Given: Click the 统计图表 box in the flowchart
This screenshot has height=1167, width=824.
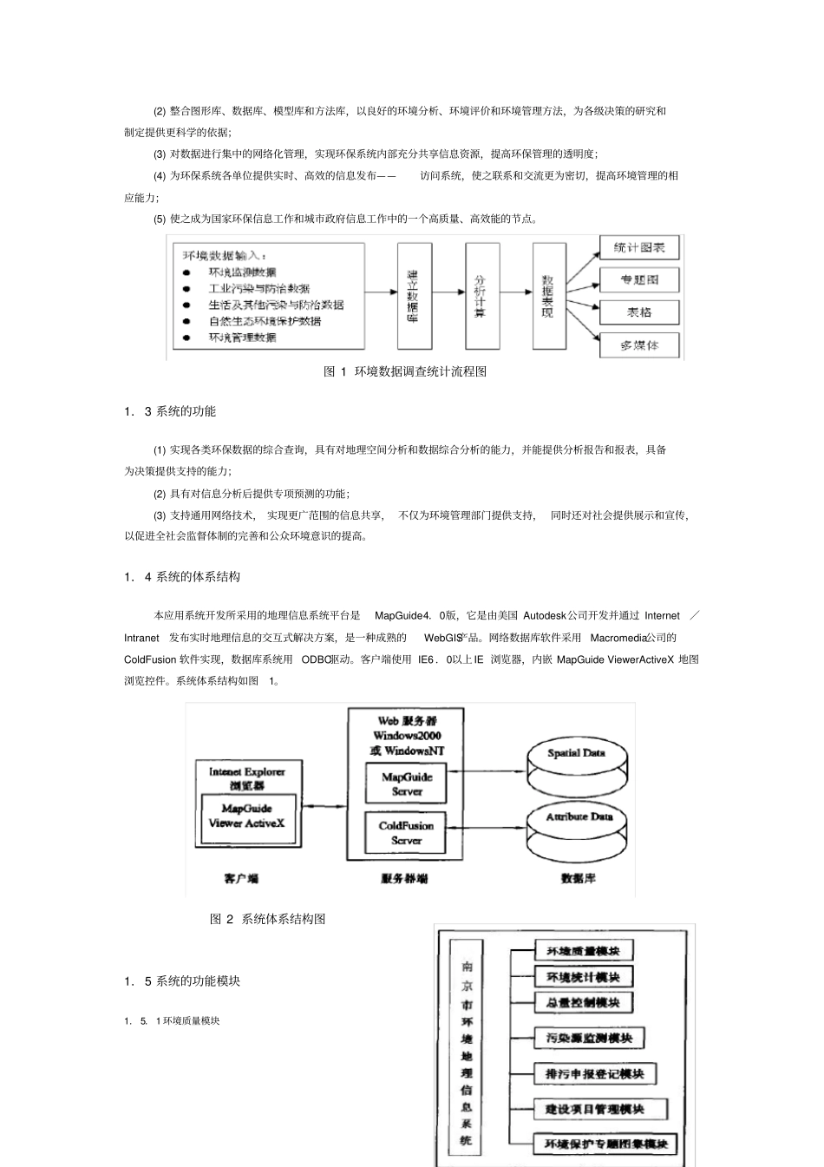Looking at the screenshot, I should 639,248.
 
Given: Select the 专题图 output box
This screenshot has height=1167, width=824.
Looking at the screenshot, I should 639,280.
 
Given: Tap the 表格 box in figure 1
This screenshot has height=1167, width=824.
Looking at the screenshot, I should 639,312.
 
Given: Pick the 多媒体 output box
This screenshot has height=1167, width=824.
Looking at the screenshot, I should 639,344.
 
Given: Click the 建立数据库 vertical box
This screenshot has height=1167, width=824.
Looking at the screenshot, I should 414,295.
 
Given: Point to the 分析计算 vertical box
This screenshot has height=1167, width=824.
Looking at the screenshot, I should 481,295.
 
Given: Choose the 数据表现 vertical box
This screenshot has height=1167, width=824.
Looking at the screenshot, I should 548,295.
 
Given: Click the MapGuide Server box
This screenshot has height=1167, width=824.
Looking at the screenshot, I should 406,784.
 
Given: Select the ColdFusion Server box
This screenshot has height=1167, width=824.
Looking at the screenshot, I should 406,833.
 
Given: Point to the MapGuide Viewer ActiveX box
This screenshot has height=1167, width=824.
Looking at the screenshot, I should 247,816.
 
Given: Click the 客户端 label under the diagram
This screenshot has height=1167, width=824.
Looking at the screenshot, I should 241,879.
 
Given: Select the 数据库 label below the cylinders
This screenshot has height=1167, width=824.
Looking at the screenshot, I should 579,879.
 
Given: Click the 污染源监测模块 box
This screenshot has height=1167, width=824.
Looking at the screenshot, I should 589,1039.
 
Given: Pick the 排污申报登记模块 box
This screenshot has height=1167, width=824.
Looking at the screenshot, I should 595,1074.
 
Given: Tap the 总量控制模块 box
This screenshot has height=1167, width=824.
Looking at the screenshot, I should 583,1003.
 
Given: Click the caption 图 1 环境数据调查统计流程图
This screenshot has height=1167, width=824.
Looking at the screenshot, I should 405,371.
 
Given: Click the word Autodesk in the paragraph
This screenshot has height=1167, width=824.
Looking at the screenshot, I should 544,616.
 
